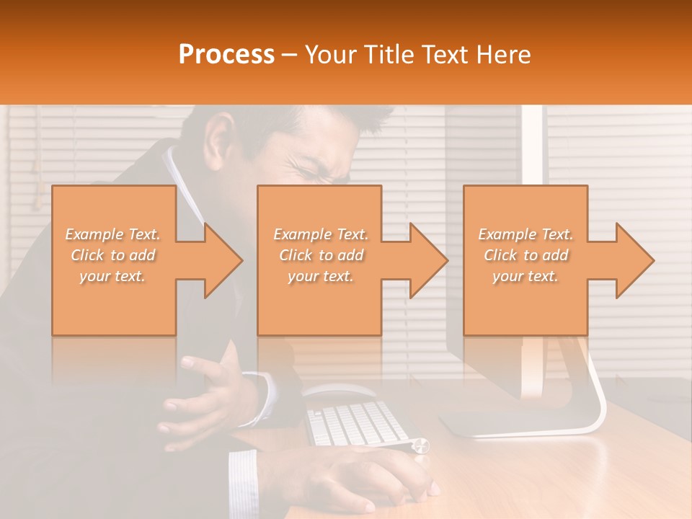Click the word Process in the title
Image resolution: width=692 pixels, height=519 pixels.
pyautogui.click(x=226, y=55)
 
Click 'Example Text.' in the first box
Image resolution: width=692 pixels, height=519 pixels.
pyautogui.click(x=112, y=234)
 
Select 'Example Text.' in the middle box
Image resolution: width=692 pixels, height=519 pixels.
pyautogui.click(x=320, y=234)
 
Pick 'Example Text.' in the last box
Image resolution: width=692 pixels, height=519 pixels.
pyautogui.click(x=525, y=234)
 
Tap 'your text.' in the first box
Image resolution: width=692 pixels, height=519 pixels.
pyautogui.click(x=112, y=276)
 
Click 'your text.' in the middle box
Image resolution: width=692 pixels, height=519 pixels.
pyautogui.click(x=320, y=276)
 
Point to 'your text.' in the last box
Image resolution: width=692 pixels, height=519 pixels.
pyautogui.click(x=525, y=276)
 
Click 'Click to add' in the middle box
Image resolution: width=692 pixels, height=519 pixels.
pyautogui.click(x=320, y=255)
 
